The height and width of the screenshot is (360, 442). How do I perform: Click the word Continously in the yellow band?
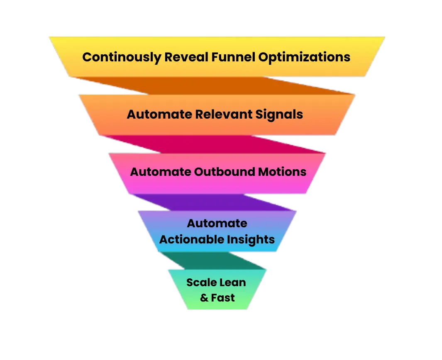pos(121,57)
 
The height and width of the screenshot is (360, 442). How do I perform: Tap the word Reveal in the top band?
pos(186,57)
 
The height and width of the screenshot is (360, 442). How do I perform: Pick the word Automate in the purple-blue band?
pos(217,223)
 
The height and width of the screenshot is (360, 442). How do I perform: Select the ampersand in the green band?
pos(204,298)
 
